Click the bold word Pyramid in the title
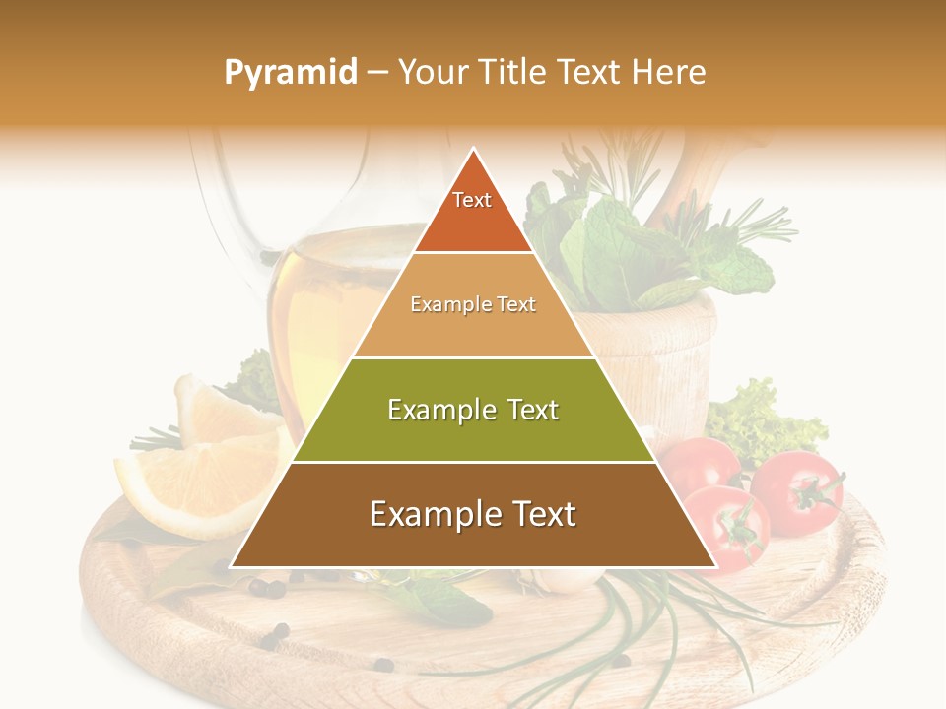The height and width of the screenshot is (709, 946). (290, 73)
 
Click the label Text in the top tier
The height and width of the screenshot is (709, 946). (472, 200)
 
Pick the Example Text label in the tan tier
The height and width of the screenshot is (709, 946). (473, 304)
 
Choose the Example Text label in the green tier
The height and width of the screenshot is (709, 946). (473, 410)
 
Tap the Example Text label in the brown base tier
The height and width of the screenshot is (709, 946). (473, 514)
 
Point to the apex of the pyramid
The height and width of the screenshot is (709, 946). (474, 150)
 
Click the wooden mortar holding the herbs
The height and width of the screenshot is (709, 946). (660, 354)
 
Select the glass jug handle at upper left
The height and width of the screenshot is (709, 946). (212, 197)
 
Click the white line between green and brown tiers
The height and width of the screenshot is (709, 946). (473, 462)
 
